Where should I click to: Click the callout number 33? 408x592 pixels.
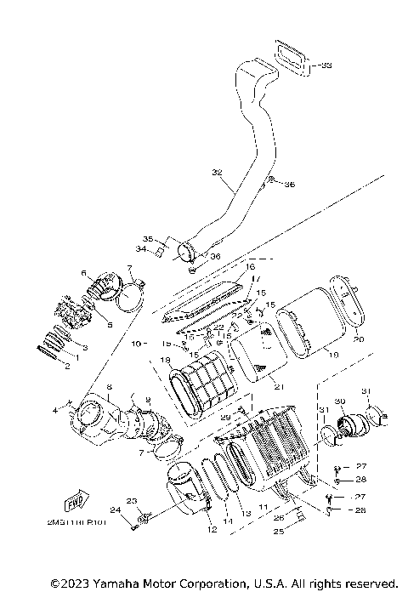tap(326, 65)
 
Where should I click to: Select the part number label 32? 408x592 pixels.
tap(216, 172)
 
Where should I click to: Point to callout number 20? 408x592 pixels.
tap(358, 339)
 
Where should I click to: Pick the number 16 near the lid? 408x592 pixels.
tap(251, 266)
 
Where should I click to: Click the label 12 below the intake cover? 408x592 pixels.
tap(212, 529)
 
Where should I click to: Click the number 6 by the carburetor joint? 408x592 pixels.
tap(84, 272)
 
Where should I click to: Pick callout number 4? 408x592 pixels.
tap(56, 411)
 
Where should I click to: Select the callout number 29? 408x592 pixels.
tap(226, 417)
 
